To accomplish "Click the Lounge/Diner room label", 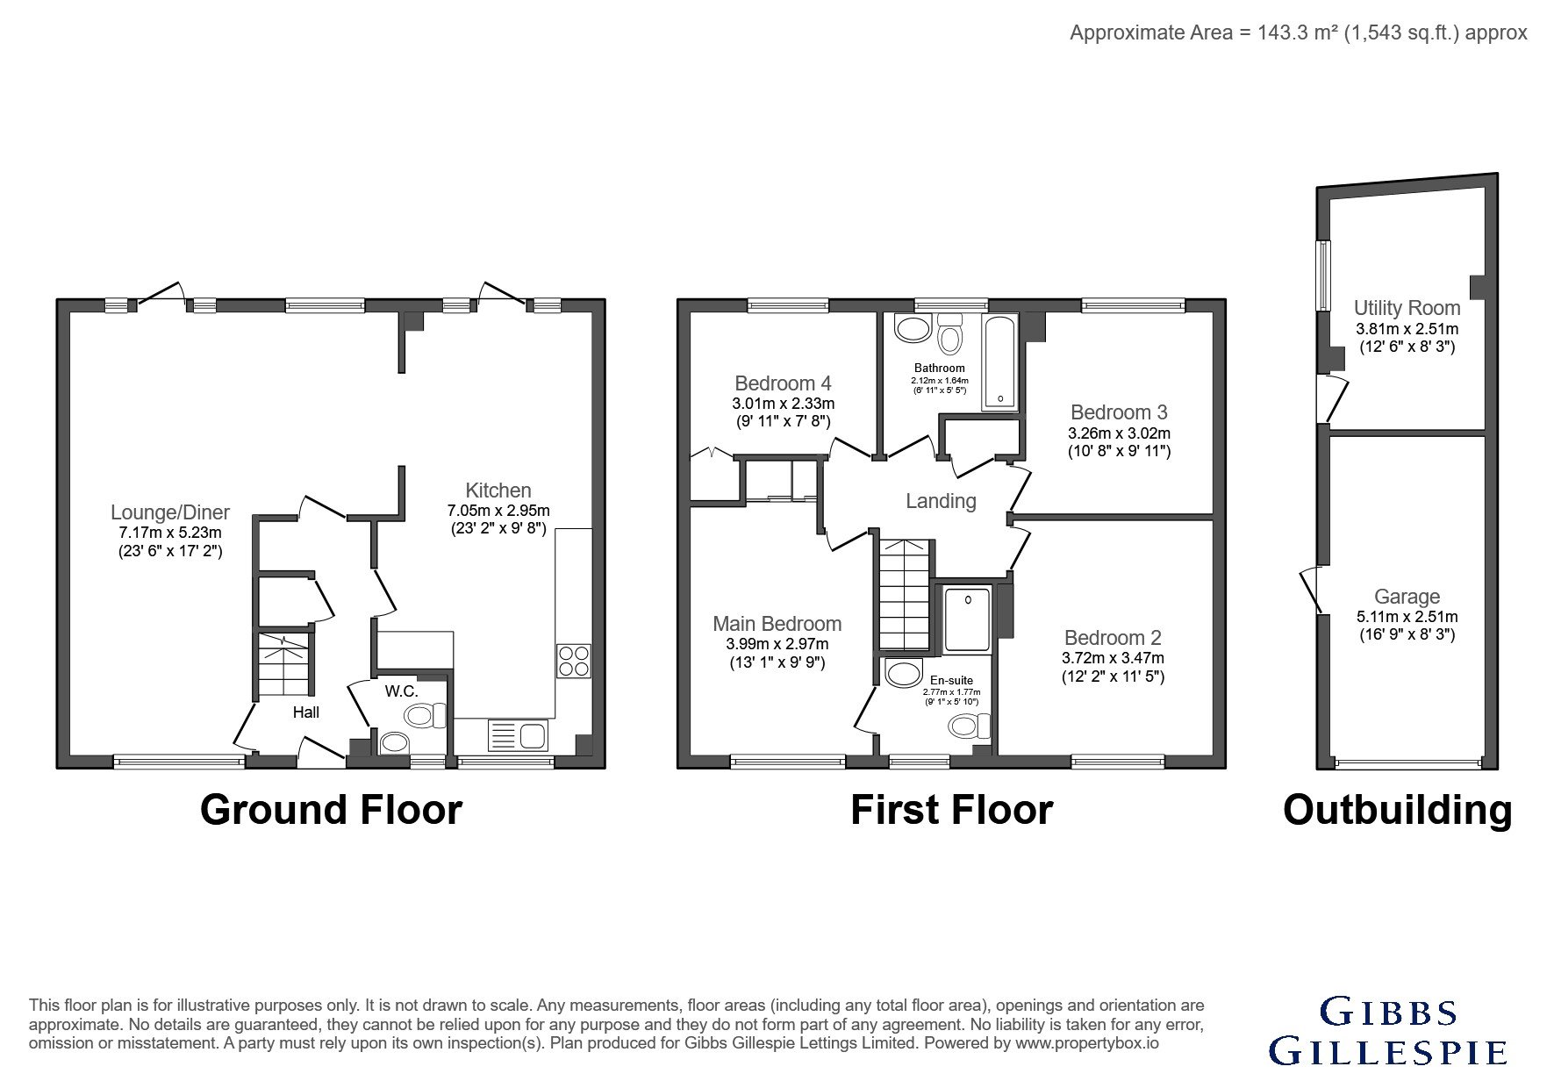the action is click(x=170, y=512).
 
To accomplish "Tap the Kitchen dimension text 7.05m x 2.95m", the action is click(x=498, y=511).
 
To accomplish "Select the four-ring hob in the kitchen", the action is click(x=574, y=661).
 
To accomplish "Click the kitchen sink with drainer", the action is click(x=517, y=734).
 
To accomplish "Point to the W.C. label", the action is click(x=401, y=691).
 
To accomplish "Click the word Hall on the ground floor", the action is click(x=306, y=712).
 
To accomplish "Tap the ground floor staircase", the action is click(x=283, y=664).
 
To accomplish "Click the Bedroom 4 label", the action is click(x=783, y=383).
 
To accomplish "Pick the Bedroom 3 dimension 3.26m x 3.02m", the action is click(x=1119, y=433).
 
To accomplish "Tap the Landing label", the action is click(x=941, y=501).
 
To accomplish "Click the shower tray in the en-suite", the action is click(x=967, y=620).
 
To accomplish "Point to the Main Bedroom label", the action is click(x=777, y=624).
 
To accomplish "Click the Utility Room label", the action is click(x=1407, y=308).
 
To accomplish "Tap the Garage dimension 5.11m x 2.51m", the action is click(x=1407, y=617).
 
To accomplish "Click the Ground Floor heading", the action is click(x=331, y=809).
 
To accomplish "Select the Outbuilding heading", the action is click(x=1398, y=810).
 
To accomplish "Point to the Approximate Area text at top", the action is click(x=1299, y=32).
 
